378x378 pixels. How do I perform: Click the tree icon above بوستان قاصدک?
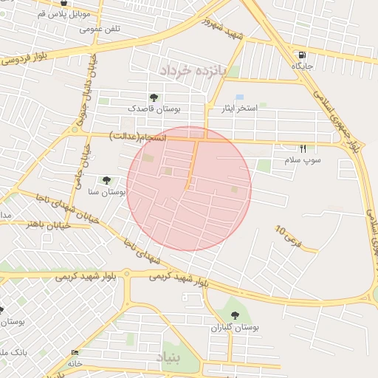pyautogui.click(x=154, y=97)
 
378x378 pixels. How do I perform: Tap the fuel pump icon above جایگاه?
pyautogui.click(x=302, y=55)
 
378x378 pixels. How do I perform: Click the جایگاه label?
pyautogui.click(x=303, y=66)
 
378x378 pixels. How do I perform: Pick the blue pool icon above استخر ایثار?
pyautogui.click(x=239, y=97)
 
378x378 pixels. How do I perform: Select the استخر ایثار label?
pyautogui.click(x=241, y=109)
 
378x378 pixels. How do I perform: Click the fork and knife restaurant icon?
pyautogui.click(x=303, y=148)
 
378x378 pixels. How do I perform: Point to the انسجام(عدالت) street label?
pyautogui.click(x=138, y=137)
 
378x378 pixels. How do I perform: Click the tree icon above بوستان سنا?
pyautogui.click(x=107, y=179)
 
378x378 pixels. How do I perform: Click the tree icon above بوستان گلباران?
pyautogui.click(x=235, y=315)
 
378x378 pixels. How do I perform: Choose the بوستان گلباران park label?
pyautogui.click(x=235, y=327)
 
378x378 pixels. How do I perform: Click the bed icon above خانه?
pyautogui.click(x=75, y=353)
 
